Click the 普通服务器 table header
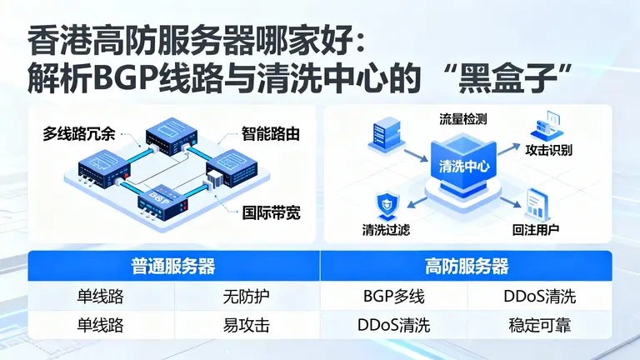(x=173, y=266)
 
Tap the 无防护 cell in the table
(x=247, y=296)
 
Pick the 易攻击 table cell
(x=247, y=325)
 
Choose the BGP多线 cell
(x=393, y=296)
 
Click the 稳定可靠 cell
(x=539, y=325)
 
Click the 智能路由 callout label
(x=270, y=132)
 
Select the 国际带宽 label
(x=271, y=212)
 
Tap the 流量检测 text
(x=462, y=118)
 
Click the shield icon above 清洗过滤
(x=386, y=203)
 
